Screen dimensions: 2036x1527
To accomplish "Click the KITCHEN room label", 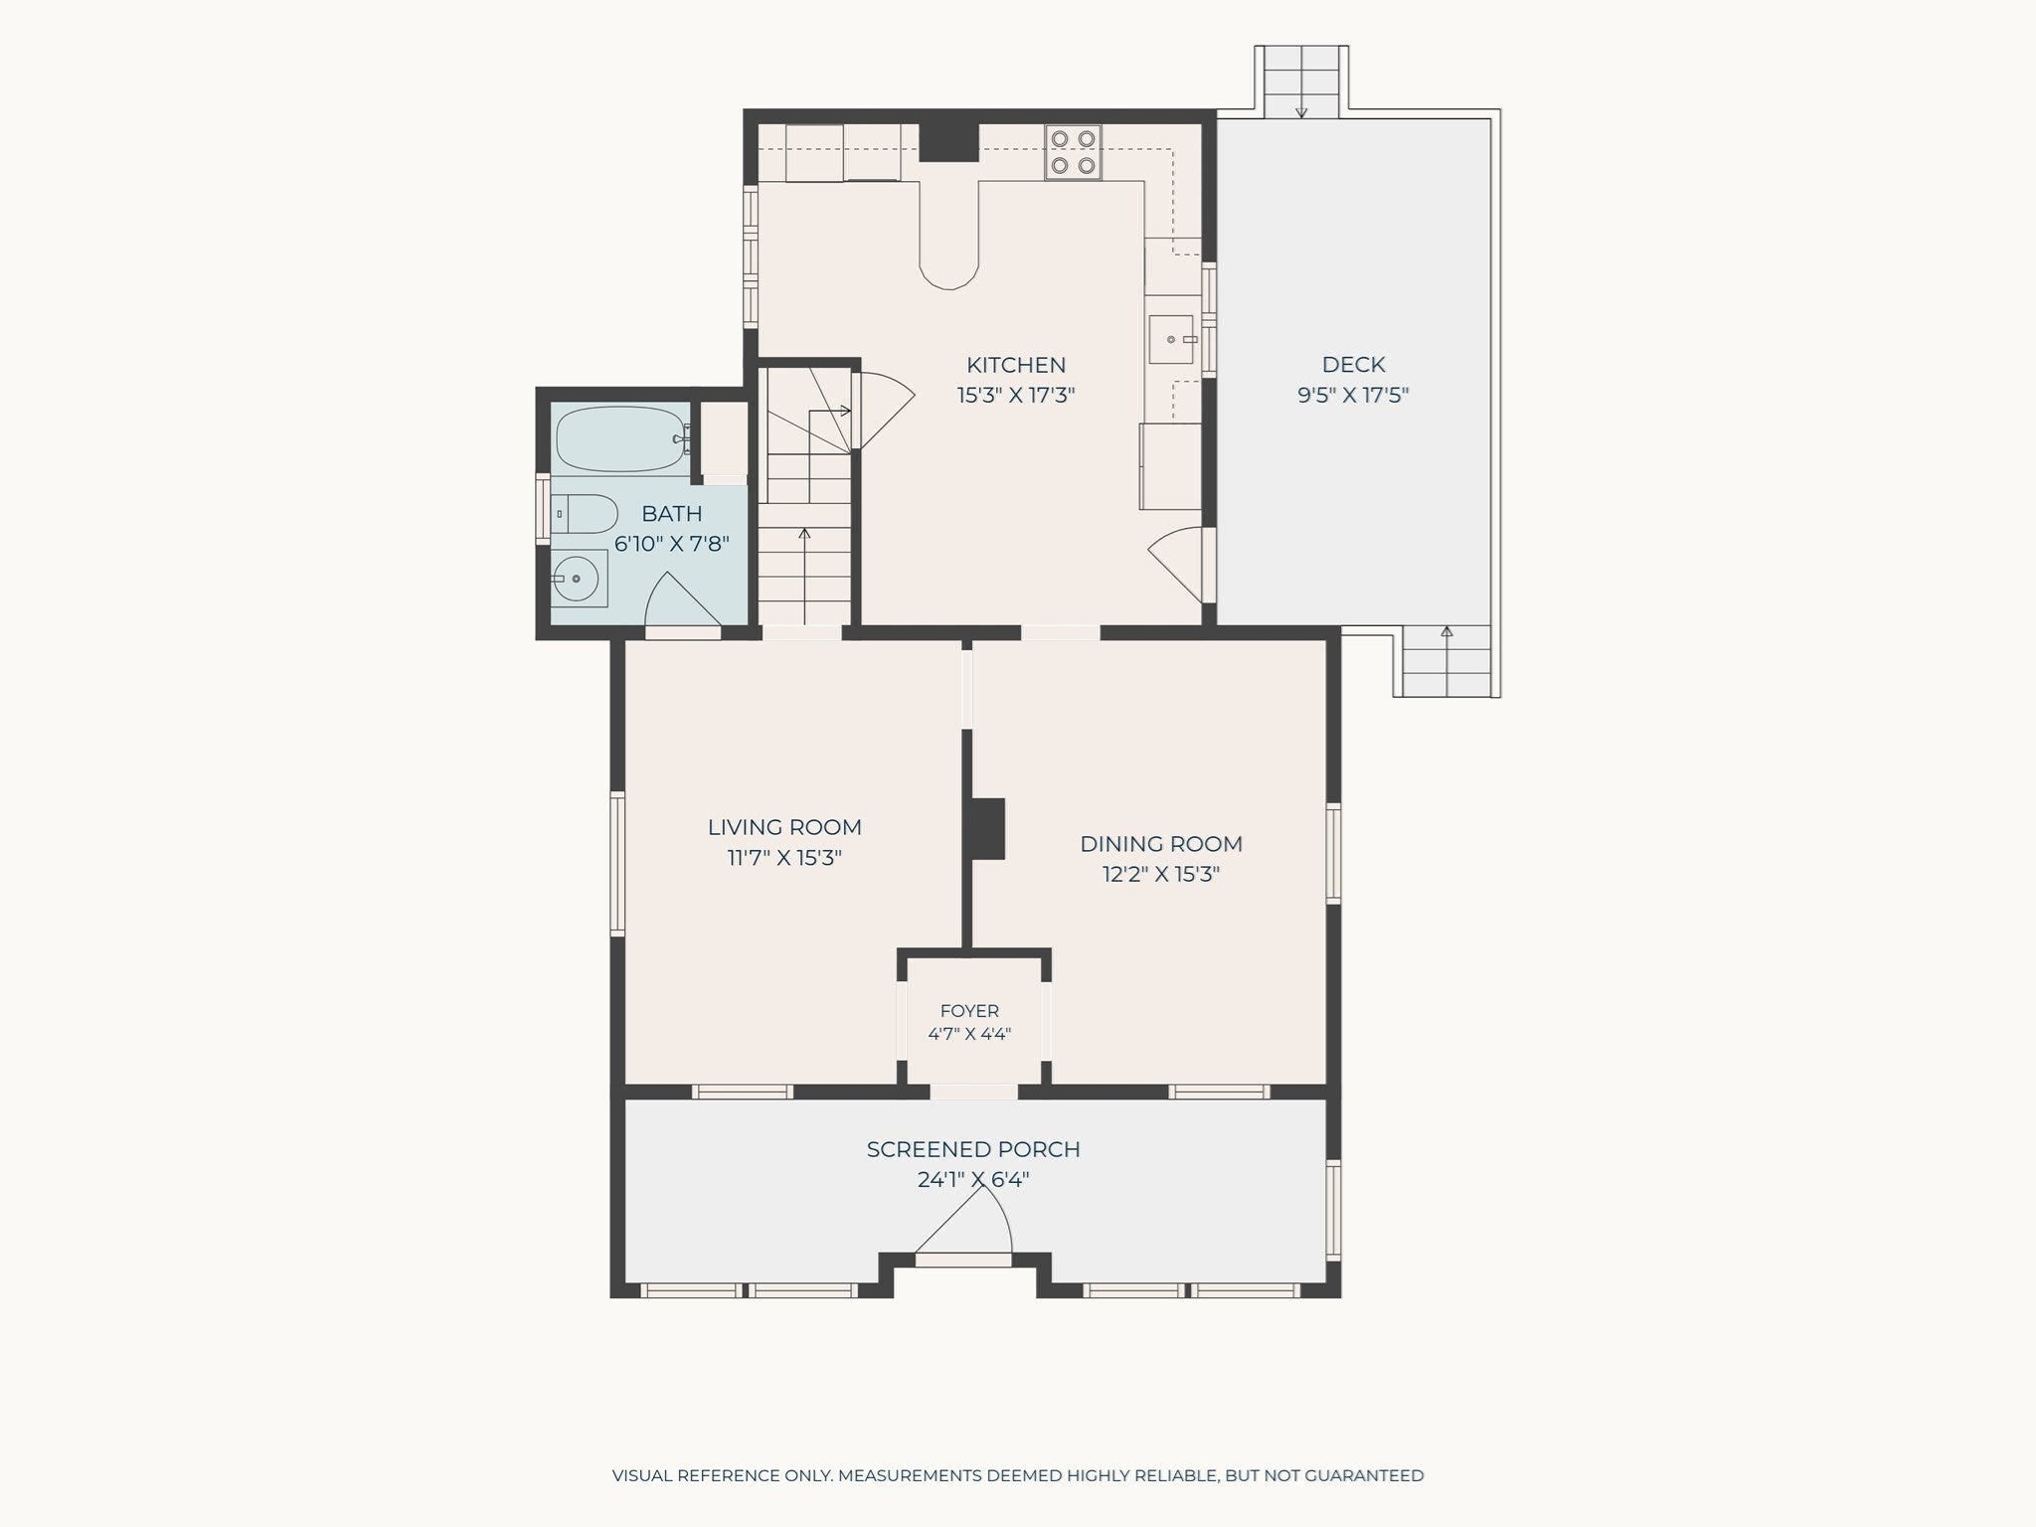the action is [x=1016, y=365].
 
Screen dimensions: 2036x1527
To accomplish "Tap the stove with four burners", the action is [x=1073, y=152].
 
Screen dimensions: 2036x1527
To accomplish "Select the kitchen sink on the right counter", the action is [x=1171, y=339].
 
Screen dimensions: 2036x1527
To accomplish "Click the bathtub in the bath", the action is [x=622, y=438].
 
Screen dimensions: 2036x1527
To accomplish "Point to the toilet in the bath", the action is [x=586, y=513].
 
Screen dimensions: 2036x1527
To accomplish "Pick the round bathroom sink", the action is [x=579, y=578].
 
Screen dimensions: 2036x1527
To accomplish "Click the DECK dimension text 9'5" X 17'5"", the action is [x=1353, y=395].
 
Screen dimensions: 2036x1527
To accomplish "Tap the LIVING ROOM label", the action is [x=784, y=827].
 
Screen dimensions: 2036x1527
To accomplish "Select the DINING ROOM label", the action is [x=1161, y=844].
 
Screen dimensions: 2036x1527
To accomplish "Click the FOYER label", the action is [x=969, y=1011].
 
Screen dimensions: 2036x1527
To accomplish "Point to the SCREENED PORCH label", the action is [x=973, y=1149].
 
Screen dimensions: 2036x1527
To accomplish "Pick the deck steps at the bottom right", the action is [x=1446, y=661].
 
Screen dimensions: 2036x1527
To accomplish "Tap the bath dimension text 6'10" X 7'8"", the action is [x=672, y=544].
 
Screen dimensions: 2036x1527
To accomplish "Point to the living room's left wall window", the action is [x=617, y=863].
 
